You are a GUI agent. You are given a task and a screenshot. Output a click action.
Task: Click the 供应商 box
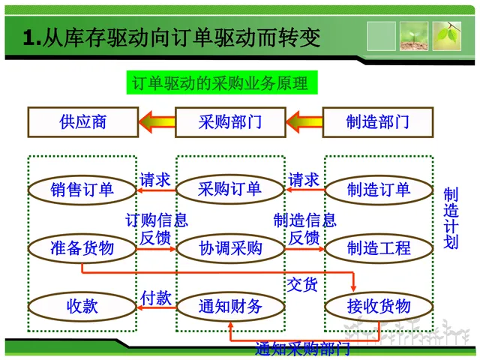click(82, 122)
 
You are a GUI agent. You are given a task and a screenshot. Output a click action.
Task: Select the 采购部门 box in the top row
click(230, 122)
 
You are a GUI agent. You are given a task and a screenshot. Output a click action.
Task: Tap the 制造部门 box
click(378, 122)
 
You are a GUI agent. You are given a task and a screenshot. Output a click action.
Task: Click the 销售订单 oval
click(82, 189)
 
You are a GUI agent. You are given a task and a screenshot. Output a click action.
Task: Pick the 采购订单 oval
click(230, 189)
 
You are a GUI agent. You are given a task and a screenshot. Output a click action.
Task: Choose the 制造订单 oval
click(379, 189)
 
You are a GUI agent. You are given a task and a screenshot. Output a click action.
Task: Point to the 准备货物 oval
click(82, 247)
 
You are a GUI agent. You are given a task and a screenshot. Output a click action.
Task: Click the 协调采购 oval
click(230, 247)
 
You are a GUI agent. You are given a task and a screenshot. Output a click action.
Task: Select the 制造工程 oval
click(379, 247)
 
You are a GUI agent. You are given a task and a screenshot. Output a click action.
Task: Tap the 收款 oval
click(82, 306)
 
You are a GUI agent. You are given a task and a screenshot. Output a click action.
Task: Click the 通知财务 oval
click(230, 306)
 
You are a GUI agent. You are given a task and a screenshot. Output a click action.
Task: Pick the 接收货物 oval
click(379, 306)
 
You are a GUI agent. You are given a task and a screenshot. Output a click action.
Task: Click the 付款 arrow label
click(156, 298)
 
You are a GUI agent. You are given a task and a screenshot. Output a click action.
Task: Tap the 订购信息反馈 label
click(156, 229)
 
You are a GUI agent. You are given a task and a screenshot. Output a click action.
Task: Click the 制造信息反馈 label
click(304, 229)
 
